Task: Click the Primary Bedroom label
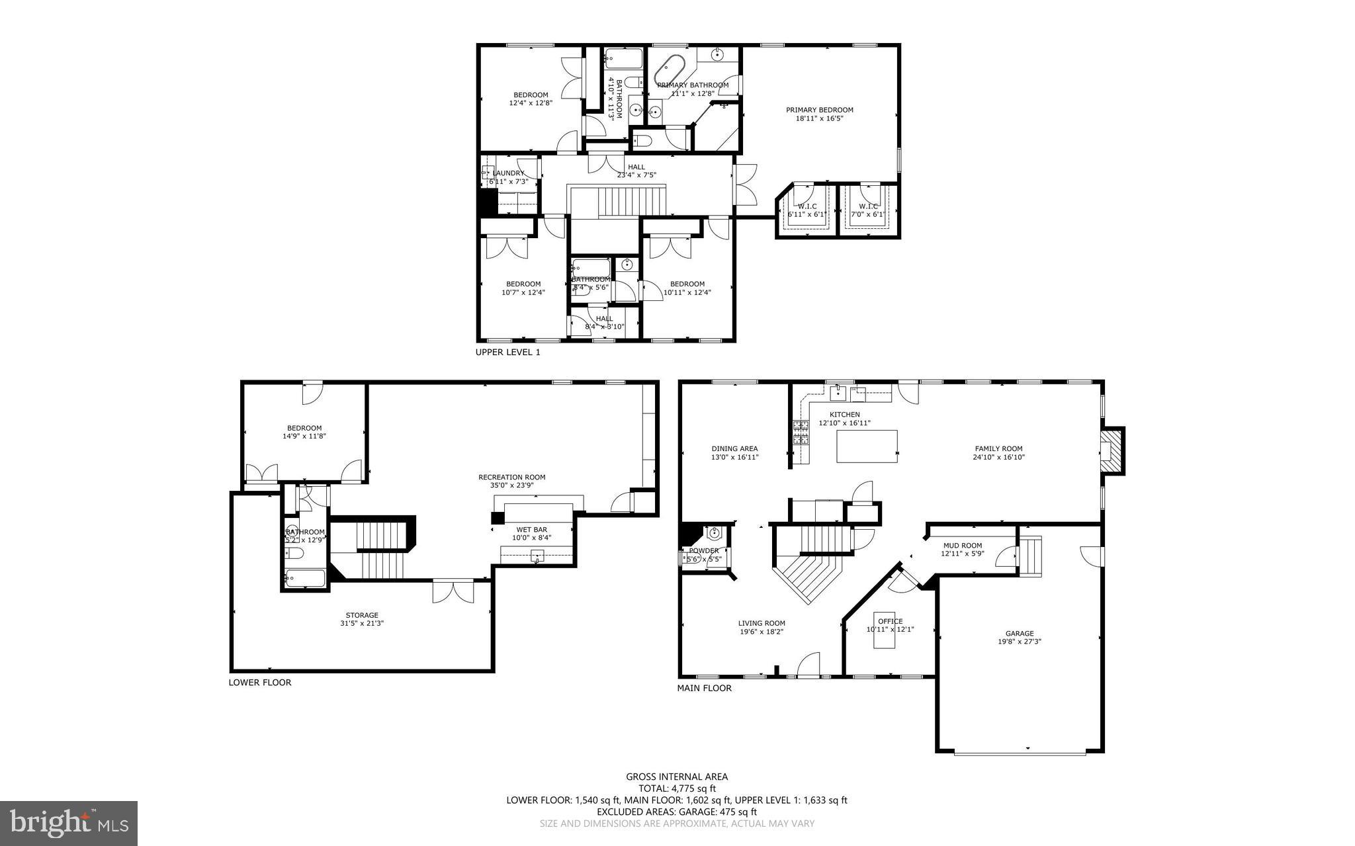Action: pyautogui.click(x=819, y=110)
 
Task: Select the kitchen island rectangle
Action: pyautogui.click(x=867, y=446)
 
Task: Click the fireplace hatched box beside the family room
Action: pyautogui.click(x=1112, y=450)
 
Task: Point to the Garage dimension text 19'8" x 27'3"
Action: pyautogui.click(x=1019, y=641)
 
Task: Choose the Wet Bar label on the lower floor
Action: pyautogui.click(x=531, y=529)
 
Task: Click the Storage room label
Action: pyautogui.click(x=362, y=615)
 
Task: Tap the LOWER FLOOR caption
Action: pyautogui.click(x=259, y=682)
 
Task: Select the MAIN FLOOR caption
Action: pyautogui.click(x=704, y=688)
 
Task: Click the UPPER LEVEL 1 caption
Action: pyautogui.click(x=507, y=353)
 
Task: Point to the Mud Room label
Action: pyautogui.click(x=962, y=546)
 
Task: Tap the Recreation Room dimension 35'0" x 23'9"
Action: pyautogui.click(x=511, y=485)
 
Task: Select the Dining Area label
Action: pyautogui.click(x=734, y=448)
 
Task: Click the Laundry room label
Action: pyautogui.click(x=508, y=173)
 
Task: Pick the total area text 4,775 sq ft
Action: pyautogui.click(x=677, y=788)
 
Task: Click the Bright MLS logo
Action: pyautogui.click(x=69, y=822)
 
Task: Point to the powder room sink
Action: pyautogui.click(x=714, y=532)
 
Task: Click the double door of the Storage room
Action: pyautogui.click(x=453, y=591)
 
